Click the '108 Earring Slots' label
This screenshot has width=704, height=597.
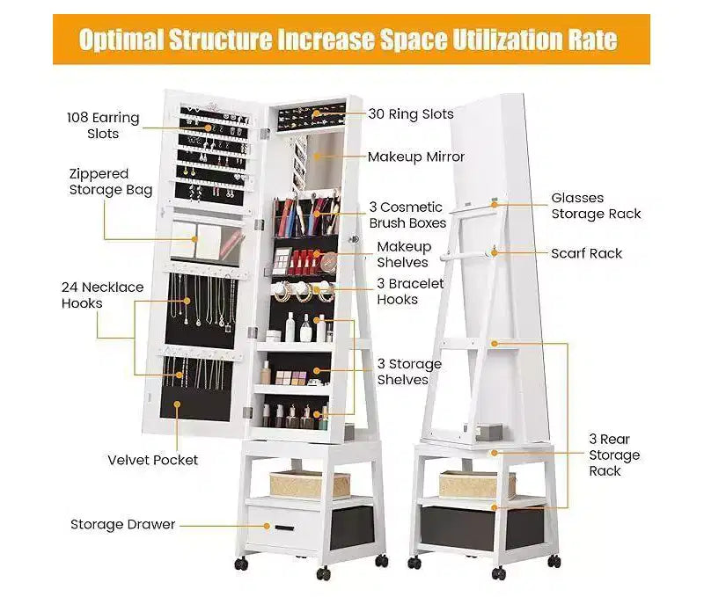(x=103, y=126)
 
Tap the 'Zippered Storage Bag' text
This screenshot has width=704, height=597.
(x=111, y=182)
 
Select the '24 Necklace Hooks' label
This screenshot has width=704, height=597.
(x=103, y=295)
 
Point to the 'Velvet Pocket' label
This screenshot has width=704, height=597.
(x=152, y=460)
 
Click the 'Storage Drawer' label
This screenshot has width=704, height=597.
(x=122, y=524)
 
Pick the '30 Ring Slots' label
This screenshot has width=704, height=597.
(x=411, y=114)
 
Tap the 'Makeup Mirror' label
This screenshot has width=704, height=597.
(x=416, y=157)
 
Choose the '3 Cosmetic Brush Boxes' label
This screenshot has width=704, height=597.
(x=407, y=215)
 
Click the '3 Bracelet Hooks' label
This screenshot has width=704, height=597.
(x=410, y=291)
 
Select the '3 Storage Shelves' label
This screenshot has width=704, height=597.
(x=409, y=371)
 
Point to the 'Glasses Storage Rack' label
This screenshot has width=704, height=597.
(x=596, y=206)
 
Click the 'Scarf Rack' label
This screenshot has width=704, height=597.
(x=586, y=253)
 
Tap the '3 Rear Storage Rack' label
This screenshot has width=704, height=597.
(x=614, y=455)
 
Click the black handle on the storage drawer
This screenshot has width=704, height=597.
(x=284, y=528)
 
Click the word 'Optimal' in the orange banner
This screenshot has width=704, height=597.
(x=121, y=40)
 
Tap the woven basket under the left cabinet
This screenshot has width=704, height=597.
(x=309, y=484)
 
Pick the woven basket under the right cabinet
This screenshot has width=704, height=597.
(x=476, y=484)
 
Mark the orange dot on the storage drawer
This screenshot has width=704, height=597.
(x=268, y=526)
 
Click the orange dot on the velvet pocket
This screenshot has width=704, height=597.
(x=178, y=404)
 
